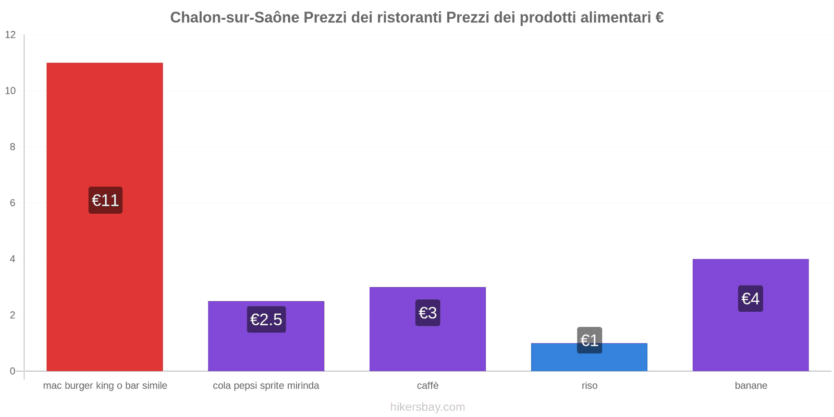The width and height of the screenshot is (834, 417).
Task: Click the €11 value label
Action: point(105,200)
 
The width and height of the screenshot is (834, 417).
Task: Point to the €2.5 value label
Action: point(266,320)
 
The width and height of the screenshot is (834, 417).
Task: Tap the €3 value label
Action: point(427,313)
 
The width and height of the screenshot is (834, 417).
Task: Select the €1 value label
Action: point(590,340)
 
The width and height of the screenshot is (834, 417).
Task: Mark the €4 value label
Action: point(751,299)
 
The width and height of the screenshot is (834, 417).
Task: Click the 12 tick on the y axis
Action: point(10,35)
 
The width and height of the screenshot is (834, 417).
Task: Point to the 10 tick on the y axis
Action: point(10,91)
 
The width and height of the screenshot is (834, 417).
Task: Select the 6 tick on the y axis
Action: point(13,203)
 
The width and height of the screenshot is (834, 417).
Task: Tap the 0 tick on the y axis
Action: point(13,371)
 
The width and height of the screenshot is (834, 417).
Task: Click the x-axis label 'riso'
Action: point(590,386)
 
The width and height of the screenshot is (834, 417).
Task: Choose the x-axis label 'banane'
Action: point(751,386)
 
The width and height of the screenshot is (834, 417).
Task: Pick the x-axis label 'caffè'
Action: point(427,386)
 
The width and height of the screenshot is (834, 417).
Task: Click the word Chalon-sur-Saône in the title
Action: point(235,18)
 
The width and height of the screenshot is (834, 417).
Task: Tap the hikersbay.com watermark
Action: point(427,407)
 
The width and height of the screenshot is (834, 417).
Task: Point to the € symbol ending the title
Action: point(659,18)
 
